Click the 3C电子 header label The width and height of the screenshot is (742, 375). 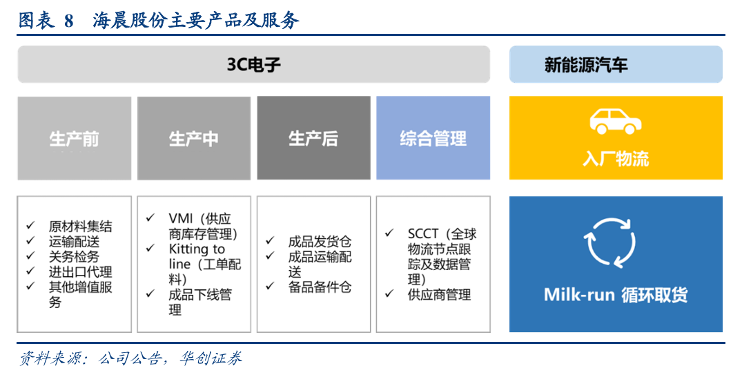tap(253, 64)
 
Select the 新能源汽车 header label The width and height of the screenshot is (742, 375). tap(586, 65)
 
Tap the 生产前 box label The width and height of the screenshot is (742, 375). tap(75, 140)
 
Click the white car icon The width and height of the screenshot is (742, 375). tap(616, 122)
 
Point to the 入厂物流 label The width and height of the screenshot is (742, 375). tap(616, 159)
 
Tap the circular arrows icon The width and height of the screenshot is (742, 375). tap(610, 242)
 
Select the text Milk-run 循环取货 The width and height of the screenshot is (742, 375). tap(616, 294)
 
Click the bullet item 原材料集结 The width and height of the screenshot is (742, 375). tap(81, 227)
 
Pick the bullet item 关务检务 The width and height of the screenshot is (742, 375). tap(74, 257)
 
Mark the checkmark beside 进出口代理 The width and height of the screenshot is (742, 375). tap(31, 271)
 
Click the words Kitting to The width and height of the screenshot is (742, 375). tap(197, 249)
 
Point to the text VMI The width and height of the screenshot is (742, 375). tap(181, 219)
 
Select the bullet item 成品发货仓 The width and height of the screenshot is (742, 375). tap(320, 242)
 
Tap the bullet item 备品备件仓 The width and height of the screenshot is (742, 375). tap(320, 287)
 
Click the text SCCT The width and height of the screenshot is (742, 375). tap(423, 234)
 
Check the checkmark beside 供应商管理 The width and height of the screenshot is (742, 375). tap(389, 294)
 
